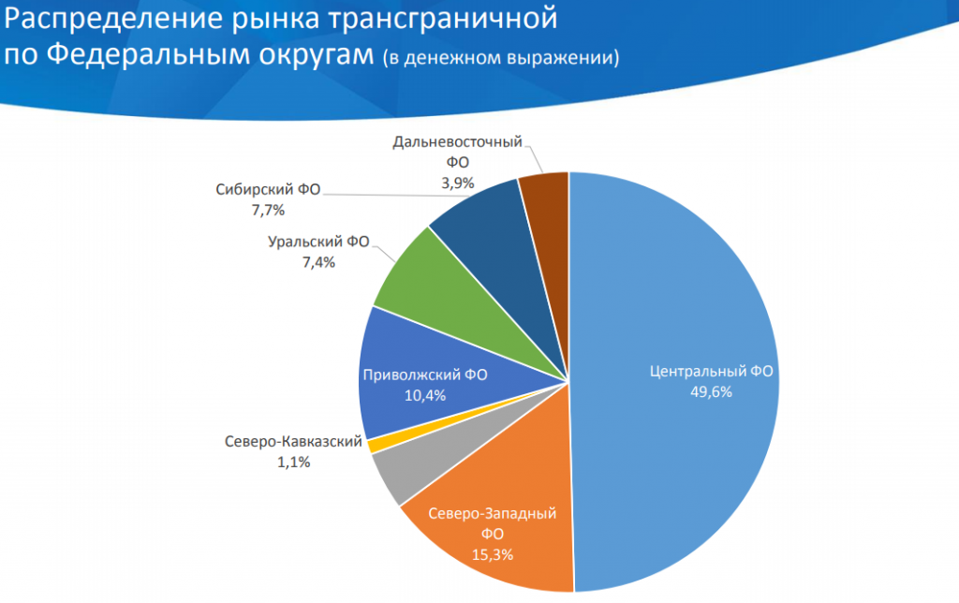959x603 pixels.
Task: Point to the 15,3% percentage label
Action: click(x=493, y=553)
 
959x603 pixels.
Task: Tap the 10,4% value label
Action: click(x=424, y=395)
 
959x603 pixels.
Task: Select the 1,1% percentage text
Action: click(x=294, y=462)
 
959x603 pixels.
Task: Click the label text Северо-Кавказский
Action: click(x=294, y=442)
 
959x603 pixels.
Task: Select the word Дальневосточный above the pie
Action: click(x=457, y=142)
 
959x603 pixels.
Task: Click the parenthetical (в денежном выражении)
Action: click(x=500, y=58)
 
